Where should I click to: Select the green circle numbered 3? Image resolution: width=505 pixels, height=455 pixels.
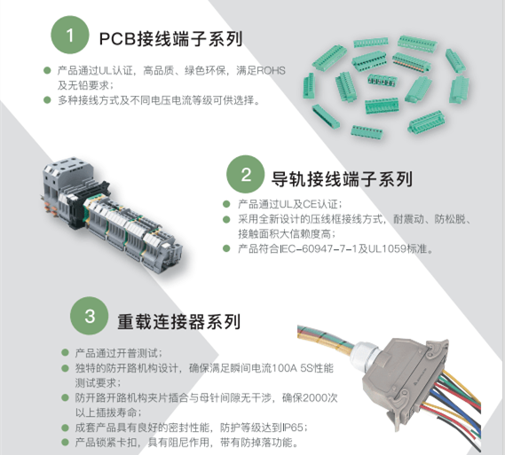[90, 317]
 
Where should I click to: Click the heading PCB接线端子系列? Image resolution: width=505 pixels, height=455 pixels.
[170, 39]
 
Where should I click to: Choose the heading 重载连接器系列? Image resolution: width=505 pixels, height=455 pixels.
[178, 320]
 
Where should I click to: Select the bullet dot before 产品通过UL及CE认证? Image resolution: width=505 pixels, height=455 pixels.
[228, 204]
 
